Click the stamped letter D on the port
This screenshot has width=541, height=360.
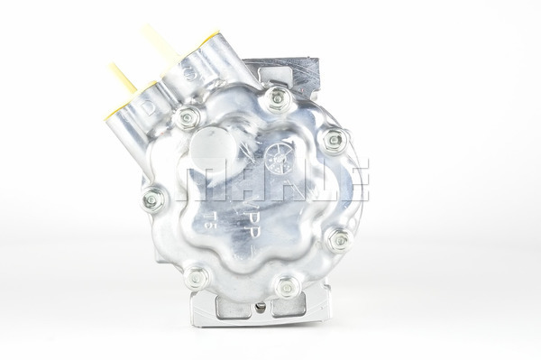(148, 109)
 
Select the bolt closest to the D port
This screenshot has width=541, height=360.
(188, 116)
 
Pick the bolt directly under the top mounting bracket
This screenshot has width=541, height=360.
(277, 97)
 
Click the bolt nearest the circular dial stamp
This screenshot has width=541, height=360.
(334, 140)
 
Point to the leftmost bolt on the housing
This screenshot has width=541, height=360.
(153, 199)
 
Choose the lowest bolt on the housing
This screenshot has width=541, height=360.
(288, 287)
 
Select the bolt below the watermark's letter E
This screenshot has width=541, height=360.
(339, 240)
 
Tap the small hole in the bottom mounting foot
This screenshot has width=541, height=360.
(261, 308)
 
